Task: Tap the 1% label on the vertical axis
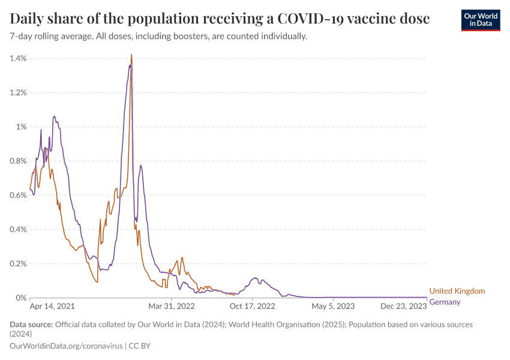pyautogui.click(x=22, y=127)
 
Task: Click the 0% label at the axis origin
pyautogui.click(x=22, y=298)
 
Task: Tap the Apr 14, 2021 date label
pyautogui.click(x=52, y=306)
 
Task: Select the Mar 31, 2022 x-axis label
pyautogui.click(x=172, y=306)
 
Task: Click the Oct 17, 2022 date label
pyautogui.click(x=253, y=306)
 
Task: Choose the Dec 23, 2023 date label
pyautogui.click(x=403, y=306)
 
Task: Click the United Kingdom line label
pyautogui.click(x=457, y=291)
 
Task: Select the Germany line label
pyautogui.click(x=445, y=302)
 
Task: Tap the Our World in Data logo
pyautogui.click(x=481, y=20)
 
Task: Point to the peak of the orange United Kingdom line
pyautogui.click(x=131, y=55)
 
